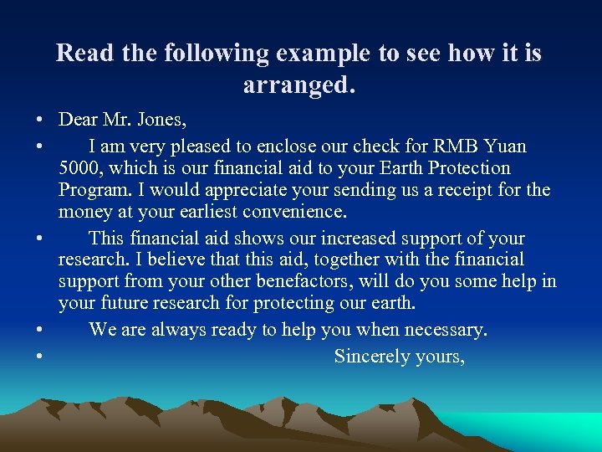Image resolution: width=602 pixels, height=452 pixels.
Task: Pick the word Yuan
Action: coord(505,146)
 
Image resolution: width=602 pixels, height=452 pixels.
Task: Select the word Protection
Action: coord(468,167)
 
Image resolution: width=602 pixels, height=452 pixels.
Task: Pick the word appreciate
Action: coord(210,189)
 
